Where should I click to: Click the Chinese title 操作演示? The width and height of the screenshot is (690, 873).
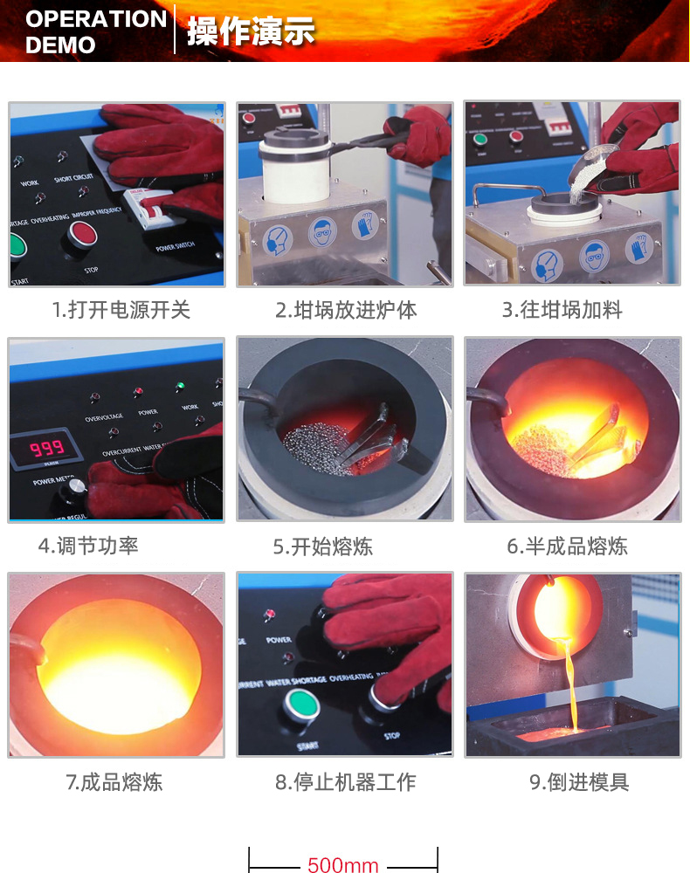(251, 31)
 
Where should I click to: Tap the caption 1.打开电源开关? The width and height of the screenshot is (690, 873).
(121, 310)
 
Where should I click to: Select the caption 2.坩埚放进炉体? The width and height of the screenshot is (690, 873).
(346, 310)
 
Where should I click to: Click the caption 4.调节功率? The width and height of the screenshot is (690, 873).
(88, 546)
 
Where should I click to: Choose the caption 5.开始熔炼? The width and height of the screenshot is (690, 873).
(322, 547)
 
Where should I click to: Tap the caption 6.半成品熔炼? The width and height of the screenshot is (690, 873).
(567, 547)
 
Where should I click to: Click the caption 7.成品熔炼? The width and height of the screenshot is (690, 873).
(114, 782)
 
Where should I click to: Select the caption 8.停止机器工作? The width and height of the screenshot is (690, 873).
(345, 782)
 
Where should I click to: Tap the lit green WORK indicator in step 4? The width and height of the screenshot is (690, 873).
(180, 386)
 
